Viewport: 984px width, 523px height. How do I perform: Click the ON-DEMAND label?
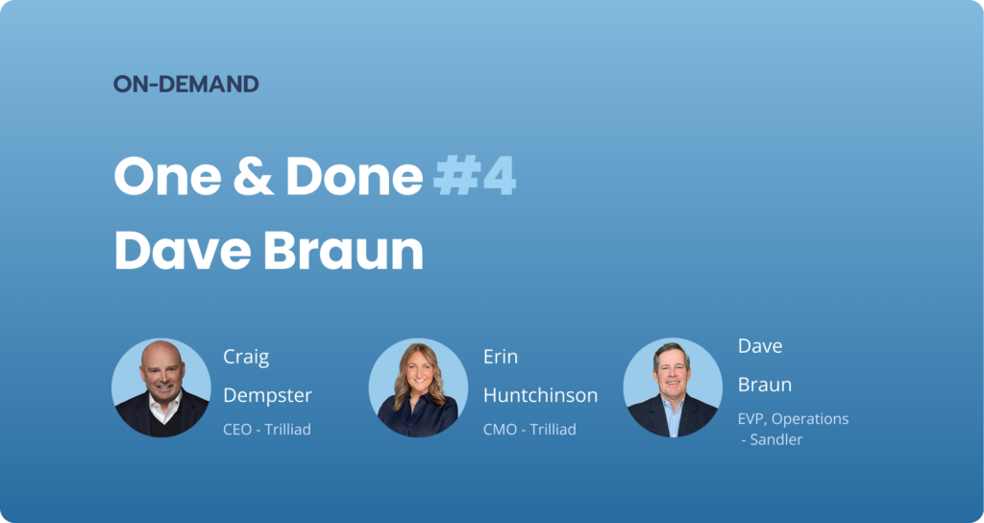coord(185,85)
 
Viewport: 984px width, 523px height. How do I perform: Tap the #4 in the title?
coord(475,177)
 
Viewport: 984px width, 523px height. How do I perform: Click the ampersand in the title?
coord(254,177)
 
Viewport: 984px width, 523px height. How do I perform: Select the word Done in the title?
coord(355,177)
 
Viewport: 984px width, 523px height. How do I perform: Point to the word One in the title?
coord(167,177)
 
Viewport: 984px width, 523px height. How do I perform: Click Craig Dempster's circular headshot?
coord(161,387)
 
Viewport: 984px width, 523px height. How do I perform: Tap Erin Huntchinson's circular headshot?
coord(418,387)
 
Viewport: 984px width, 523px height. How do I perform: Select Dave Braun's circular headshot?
coord(673,387)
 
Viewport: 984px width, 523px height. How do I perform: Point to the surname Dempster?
coord(267,396)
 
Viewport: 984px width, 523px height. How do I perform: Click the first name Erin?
coord(500,358)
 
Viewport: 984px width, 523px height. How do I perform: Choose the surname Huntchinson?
coord(540,395)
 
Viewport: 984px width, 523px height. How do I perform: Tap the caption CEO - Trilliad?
coord(267,430)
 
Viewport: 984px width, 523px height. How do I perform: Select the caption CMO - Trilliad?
coord(529,430)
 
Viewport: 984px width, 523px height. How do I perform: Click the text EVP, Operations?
coord(793,419)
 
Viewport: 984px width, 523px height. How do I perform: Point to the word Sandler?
coord(776,439)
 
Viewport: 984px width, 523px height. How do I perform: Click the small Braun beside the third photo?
coord(764,385)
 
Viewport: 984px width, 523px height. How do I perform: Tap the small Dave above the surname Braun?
coord(760,346)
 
